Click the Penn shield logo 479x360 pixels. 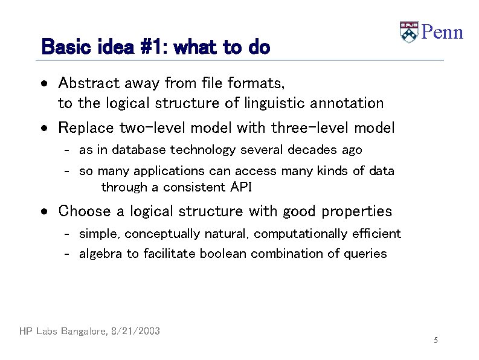pos(409,32)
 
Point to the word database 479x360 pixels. pos(139,150)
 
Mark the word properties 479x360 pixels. pos(356,211)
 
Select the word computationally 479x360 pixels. pos(299,234)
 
